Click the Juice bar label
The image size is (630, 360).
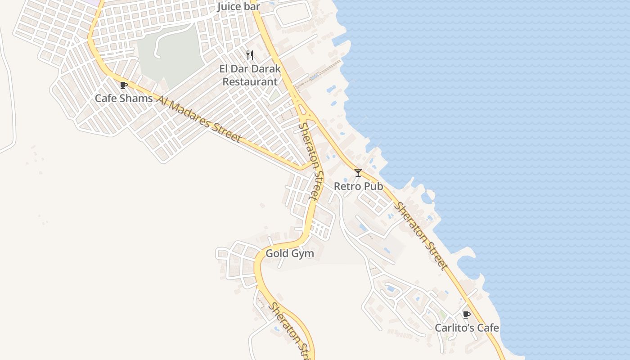pos(238,7)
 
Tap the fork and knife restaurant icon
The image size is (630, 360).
pos(250,55)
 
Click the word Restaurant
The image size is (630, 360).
pos(250,82)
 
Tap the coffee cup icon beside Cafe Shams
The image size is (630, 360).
pos(124,85)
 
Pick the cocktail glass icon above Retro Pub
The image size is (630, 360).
pos(358,172)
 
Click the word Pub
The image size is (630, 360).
pos(374,186)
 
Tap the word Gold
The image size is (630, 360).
pos(276,253)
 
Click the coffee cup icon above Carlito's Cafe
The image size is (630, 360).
pos(467,315)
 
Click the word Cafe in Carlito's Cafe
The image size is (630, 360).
pos(488,328)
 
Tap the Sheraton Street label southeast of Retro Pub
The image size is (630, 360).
pos(422,236)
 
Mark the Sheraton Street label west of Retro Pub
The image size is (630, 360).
pos(311,161)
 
